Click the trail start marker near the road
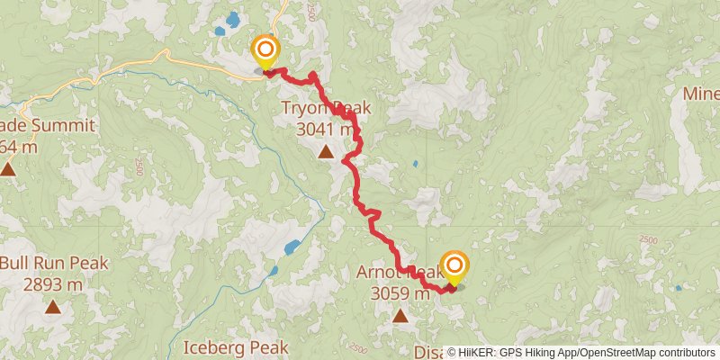click(266, 50)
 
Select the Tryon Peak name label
click(325, 109)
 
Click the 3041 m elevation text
click(325, 130)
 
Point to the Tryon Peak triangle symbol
click(325, 152)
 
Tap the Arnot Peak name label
click(400, 272)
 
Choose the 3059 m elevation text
click(400, 292)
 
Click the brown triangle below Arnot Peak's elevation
click(400, 315)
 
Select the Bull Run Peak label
click(54, 264)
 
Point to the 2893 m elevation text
click(54, 284)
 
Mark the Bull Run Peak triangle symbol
click(53, 308)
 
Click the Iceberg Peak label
click(235, 346)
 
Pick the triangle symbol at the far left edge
click(8, 168)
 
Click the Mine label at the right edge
click(700, 94)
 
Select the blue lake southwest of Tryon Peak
click(292, 247)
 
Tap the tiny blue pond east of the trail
click(415, 165)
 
